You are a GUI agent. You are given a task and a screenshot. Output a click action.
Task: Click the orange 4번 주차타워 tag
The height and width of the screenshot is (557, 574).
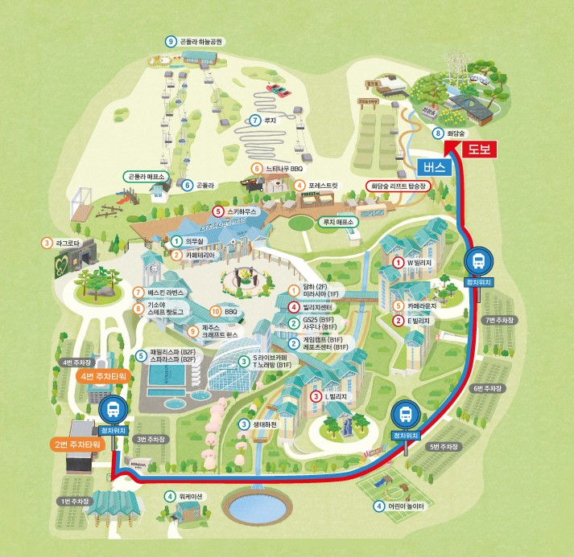105,375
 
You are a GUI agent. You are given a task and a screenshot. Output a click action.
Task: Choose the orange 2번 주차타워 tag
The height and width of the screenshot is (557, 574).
77,444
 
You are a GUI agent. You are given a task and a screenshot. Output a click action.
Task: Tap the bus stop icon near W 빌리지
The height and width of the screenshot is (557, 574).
477,261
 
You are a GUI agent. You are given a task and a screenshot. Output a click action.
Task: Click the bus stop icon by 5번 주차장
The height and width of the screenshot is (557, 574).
406,416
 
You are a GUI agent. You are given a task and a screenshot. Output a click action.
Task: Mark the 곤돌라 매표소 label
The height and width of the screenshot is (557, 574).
146,177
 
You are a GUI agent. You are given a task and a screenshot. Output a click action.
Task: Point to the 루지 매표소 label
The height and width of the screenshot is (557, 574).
338,222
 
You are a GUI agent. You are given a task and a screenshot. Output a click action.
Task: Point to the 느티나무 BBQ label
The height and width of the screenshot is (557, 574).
281,169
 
